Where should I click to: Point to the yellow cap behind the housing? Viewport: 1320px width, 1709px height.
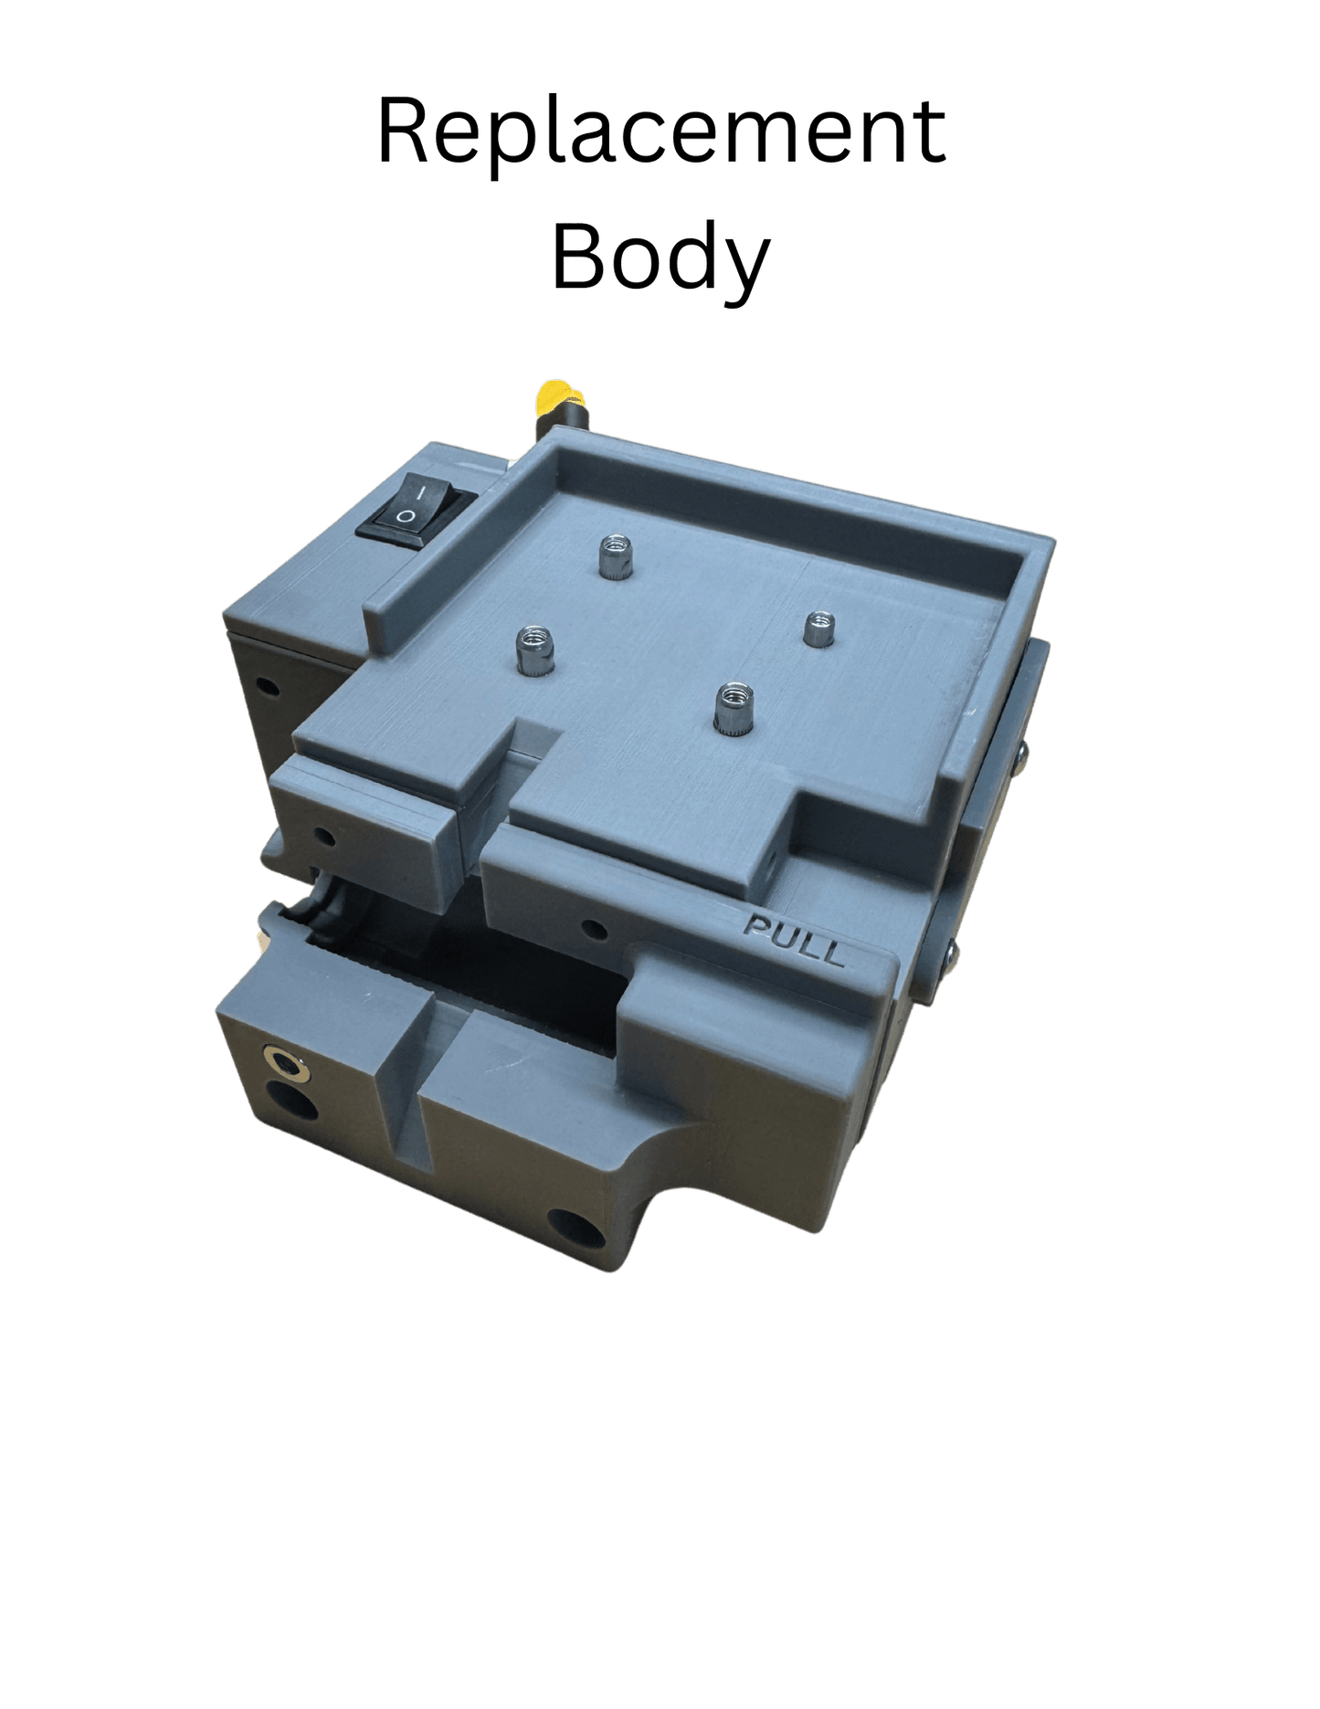point(552,396)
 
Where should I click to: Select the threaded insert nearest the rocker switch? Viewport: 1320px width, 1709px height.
point(613,556)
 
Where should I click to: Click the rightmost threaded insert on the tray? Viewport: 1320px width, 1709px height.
point(819,628)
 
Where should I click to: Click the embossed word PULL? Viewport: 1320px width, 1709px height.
point(794,940)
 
